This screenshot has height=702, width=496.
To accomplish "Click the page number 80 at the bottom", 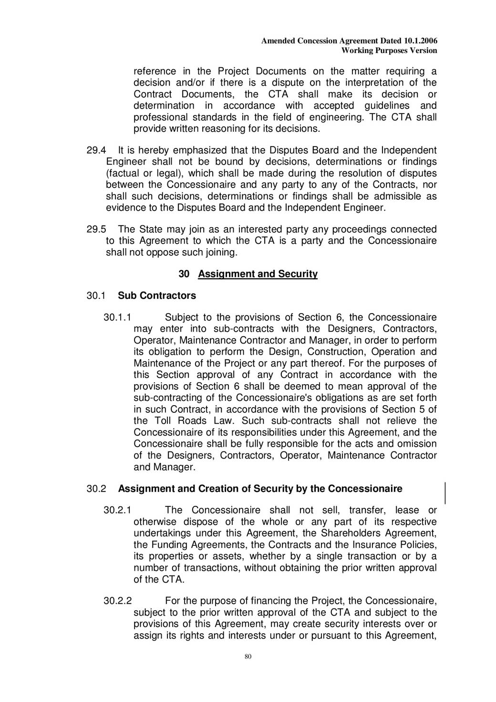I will click(x=248, y=657).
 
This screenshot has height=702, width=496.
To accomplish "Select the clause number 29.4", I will click(x=96, y=150).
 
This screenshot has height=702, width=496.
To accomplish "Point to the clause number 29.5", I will click(x=96, y=230).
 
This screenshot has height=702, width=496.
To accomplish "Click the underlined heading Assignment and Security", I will click(x=258, y=274).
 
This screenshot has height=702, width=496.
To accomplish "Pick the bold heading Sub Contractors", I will click(x=157, y=296).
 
